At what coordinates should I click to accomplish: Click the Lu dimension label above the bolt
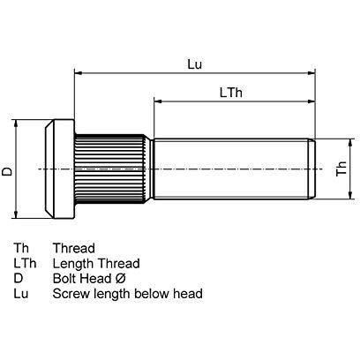click(195, 64)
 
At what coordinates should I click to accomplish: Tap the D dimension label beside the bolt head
click(7, 168)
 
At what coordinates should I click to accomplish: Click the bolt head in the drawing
click(56, 168)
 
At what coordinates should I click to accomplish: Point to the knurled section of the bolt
click(109, 168)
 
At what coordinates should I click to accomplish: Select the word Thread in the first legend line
click(73, 249)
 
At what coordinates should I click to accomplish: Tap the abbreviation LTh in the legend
click(24, 264)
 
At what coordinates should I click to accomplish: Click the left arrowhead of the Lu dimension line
click(79, 74)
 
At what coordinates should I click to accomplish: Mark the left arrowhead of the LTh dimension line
click(159, 101)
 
